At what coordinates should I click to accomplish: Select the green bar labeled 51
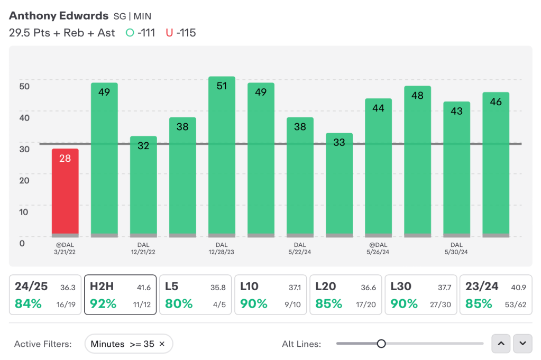pyautogui.click(x=222, y=157)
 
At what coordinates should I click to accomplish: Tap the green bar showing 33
pyautogui.click(x=339, y=185)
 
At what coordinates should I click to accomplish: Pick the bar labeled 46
pyautogui.click(x=496, y=165)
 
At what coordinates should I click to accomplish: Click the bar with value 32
pyautogui.click(x=143, y=187)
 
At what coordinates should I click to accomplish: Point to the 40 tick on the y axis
pyautogui.click(x=24, y=118)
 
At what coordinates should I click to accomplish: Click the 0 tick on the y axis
pyautogui.click(x=22, y=244)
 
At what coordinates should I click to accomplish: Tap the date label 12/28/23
pyautogui.click(x=221, y=252)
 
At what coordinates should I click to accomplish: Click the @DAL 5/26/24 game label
pyautogui.click(x=378, y=248)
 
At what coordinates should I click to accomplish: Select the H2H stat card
pyautogui.click(x=121, y=295)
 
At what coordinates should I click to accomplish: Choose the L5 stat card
pyautogui.click(x=195, y=295)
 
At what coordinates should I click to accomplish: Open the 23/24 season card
pyautogui.click(x=496, y=295)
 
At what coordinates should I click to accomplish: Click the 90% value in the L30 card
pyautogui.click(x=404, y=304)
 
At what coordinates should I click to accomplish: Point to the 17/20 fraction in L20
pyautogui.click(x=366, y=305)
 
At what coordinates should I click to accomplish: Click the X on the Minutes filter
pyautogui.click(x=162, y=344)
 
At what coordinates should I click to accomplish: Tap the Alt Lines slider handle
pyautogui.click(x=381, y=344)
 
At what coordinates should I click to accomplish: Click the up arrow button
pyautogui.click(x=501, y=344)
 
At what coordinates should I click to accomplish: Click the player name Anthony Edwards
pyautogui.click(x=59, y=16)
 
